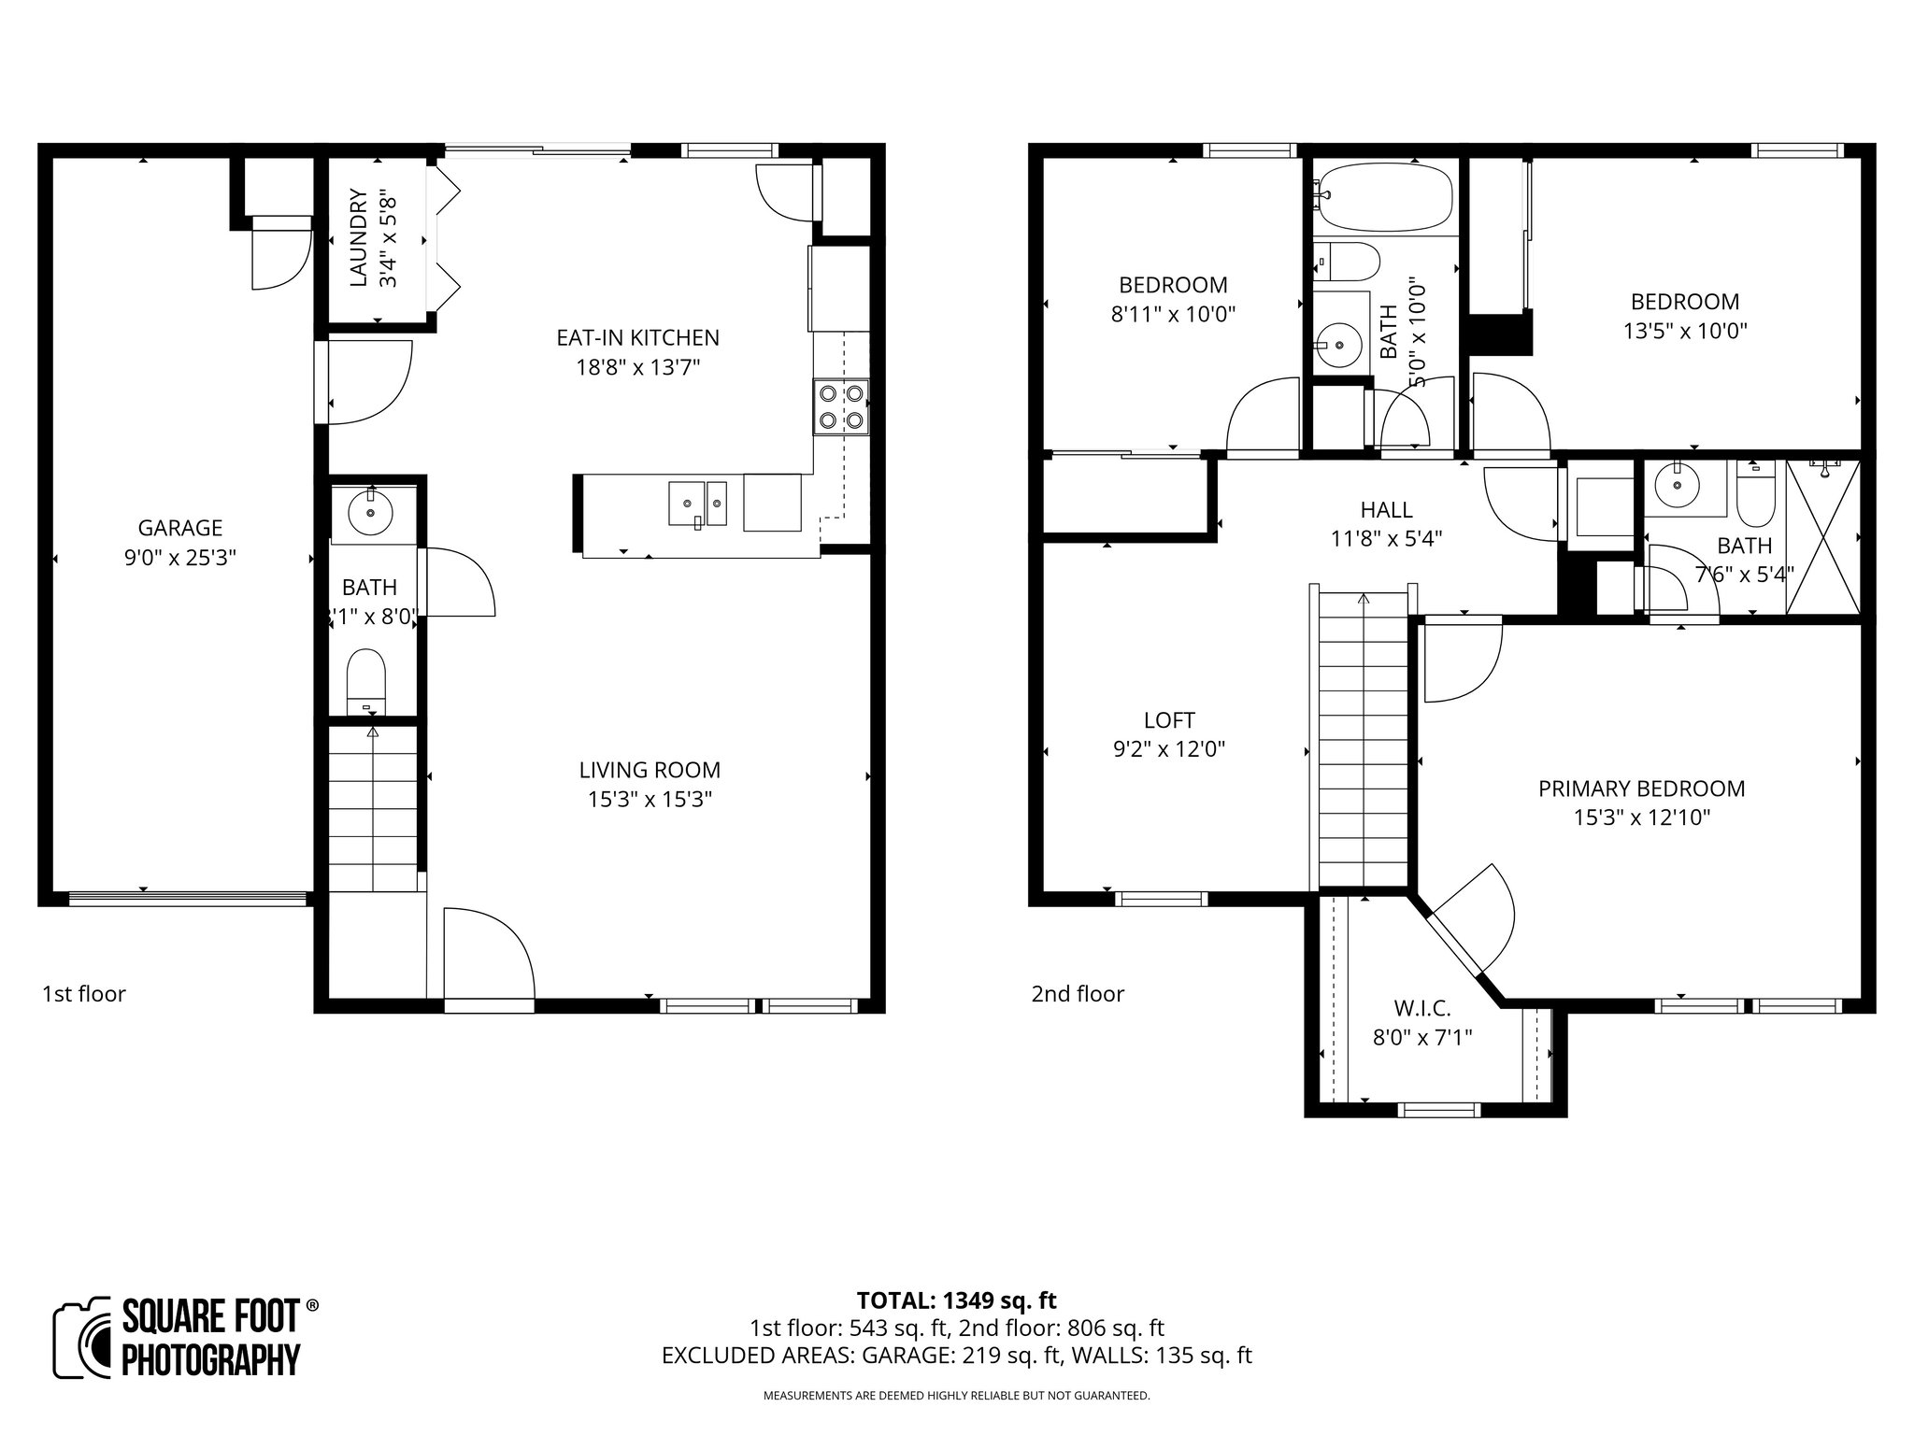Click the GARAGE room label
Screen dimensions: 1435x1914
pyautogui.click(x=179, y=528)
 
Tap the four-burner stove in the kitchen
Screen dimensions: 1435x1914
pyautogui.click(x=840, y=406)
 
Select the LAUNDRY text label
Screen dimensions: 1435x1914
pyautogui.click(x=357, y=237)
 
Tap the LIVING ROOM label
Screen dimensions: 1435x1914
pyautogui.click(x=650, y=770)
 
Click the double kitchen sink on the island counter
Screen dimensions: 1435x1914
pyautogui.click(x=697, y=504)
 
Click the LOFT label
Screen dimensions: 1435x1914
pyautogui.click(x=1169, y=719)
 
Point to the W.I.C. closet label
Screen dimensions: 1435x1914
pyautogui.click(x=1421, y=1008)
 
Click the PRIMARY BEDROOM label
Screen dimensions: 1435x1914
pyautogui.click(x=1641, y=789)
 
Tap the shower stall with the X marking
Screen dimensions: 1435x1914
pyautogui.click(x=1822, y=537)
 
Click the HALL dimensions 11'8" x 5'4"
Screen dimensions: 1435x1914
pyautogui.click(x=1386, y=539)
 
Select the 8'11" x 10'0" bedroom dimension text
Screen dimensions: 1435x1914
pyautogui.click(x=1173, y=314)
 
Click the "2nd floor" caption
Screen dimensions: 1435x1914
pyautogui.click(x=1078, y=993)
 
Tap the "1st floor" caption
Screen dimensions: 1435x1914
pyautogui.click(x=83, y=993)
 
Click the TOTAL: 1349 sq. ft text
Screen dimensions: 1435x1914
pyautogui.click(x=956, y=1300)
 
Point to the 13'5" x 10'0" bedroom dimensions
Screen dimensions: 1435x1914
pyautogui.click(x=1684, y=331)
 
